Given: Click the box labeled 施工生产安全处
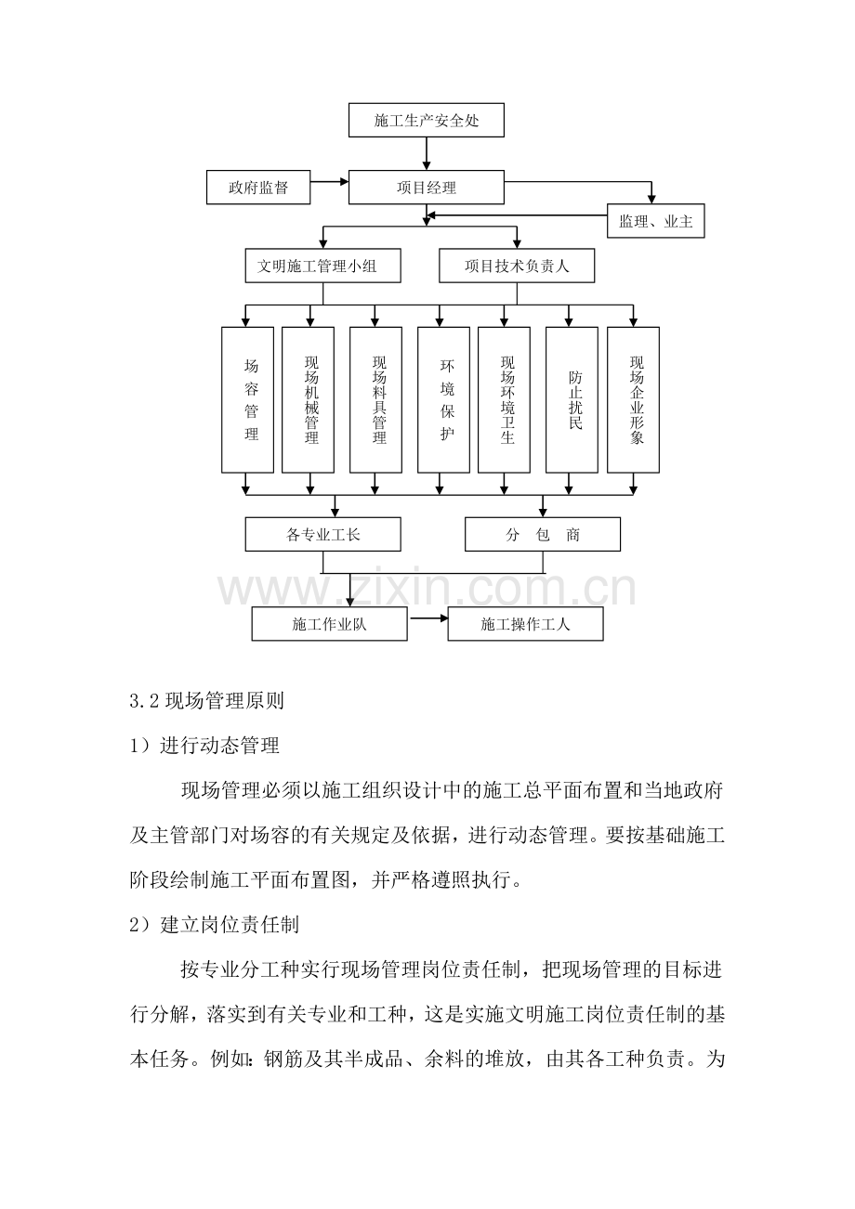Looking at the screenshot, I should click(x=427, y=121).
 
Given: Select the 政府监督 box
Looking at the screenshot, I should click(x=258, y=188).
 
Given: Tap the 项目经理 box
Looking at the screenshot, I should click(x=427, y=188).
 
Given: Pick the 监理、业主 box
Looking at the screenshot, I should click(x=655, y=221).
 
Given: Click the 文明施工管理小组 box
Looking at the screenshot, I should click(x=322, y=266).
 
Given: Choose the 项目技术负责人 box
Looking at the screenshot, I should click(x=517, y=266).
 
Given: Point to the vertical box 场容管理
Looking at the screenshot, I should click(x=248, y=399).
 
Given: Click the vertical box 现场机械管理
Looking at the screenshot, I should click(x=309, y=399).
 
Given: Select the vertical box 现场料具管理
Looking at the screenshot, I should click(x=375, y=399).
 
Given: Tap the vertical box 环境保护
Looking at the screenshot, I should click(x=443, y=399).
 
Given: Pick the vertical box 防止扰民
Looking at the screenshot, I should click(x=572, y=399).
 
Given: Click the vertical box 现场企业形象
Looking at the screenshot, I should click(x=633, y=399).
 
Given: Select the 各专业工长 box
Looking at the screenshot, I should click(x=322, y=535).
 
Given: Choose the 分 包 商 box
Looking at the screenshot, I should click(x=543, y=535).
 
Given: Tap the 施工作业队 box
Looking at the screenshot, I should click(x=330, y=624).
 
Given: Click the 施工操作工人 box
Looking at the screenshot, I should click(x=525, y=624).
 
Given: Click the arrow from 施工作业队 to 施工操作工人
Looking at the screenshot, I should click(x=427, y=618).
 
